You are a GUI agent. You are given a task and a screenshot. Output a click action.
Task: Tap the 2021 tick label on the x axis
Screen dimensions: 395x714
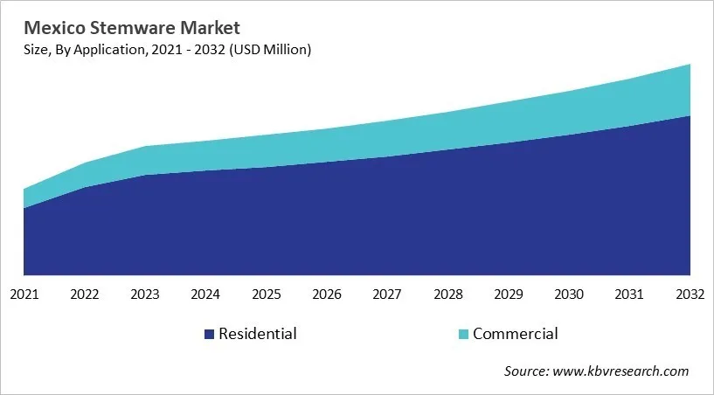click(24, 295)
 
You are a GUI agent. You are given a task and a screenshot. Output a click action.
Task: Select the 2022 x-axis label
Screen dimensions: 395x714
click(85, 295)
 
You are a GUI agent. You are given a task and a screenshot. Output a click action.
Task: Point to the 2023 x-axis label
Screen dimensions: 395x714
click(145, 295)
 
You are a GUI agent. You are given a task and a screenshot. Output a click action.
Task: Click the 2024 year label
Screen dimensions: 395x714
click(206, 295)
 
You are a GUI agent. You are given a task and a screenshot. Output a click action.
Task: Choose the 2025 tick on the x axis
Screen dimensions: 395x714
click(267, 295)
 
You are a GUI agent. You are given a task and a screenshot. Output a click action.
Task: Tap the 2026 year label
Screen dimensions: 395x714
click(327, 295)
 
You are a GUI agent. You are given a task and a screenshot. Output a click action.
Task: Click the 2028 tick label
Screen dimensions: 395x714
click(448, 295)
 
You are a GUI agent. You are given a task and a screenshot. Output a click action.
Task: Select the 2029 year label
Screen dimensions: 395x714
click(509, 295)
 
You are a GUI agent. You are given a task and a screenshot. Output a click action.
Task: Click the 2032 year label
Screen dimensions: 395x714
click(689, 295)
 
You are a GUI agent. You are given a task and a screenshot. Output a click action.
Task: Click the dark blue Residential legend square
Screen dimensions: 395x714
click(209, 334)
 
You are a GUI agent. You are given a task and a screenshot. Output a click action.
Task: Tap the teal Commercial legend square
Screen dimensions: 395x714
click(463, 334)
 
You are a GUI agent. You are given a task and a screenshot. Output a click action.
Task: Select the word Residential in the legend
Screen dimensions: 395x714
click(258, 333)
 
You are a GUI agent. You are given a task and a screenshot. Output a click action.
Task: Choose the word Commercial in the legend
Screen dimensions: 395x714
click(515, 333)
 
